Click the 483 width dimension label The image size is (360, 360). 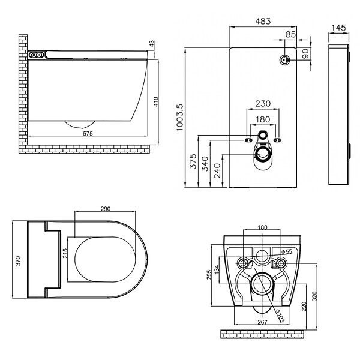click(263, 21)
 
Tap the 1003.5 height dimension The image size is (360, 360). click(180, 118)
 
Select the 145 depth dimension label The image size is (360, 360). click(338, 28)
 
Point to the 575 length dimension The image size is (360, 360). click(88, 133)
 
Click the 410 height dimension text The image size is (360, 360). click(156, 102)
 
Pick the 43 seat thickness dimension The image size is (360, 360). click(152, 44)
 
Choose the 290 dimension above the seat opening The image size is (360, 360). click(106, 209)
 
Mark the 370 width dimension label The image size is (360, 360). click(18, 261)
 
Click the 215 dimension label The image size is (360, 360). click(65, 253)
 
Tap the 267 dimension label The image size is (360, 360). click(262, 322)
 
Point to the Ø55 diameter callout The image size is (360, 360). click(287, 251)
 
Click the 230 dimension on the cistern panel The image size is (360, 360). click(263, 104)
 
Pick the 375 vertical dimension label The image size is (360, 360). click(193, 161)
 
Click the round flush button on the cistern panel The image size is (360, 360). click(284, 60)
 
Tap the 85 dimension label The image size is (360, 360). click(290, 34)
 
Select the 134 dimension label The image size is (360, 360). click(217, 269)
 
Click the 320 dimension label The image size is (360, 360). click(314, 296)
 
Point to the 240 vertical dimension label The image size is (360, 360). click(217, 171)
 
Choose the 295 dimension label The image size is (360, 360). click(209, 275)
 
